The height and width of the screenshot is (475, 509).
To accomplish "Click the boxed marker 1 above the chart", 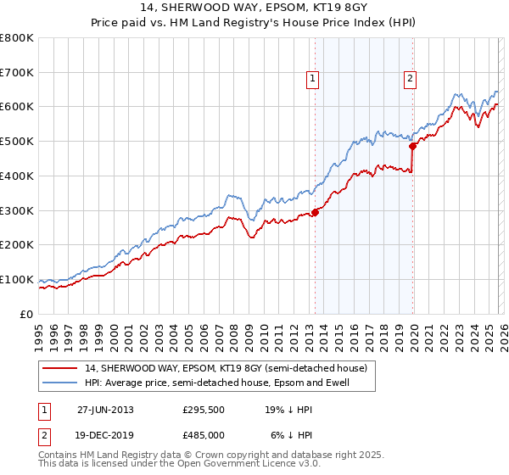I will click(312, 79).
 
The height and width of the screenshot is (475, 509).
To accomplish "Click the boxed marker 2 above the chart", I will click(410, 79).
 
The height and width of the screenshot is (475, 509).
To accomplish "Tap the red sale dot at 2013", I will click(315, 212).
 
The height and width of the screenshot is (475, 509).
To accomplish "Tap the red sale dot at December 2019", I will click(413, 146).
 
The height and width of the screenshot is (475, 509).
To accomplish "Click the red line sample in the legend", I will click(60, 368).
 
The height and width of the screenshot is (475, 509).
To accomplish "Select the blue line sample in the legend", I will click(60, 383).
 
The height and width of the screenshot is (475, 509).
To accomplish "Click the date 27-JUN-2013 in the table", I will click(105, 409).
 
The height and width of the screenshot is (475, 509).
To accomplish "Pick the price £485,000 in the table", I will click(203, 434).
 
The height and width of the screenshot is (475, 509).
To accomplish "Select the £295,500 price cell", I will click(203, 409).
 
